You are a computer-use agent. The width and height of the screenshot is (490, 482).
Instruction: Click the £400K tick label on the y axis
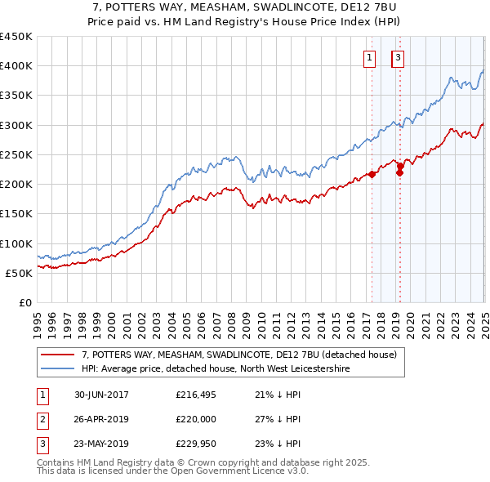[16, 66]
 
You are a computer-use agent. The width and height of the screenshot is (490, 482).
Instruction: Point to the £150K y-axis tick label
[16, 214]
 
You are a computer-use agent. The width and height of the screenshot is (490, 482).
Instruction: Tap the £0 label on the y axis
[24, 303]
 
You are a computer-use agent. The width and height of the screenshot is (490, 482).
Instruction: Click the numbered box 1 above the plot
[370, 57]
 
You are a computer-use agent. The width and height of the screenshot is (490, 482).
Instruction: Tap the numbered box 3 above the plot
[398, 57]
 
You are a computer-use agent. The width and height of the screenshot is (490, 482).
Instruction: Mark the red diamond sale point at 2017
[372, 174]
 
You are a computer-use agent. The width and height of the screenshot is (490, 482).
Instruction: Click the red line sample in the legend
[57, 355]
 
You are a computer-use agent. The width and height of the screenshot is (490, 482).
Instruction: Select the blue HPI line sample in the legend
[57, 369]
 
